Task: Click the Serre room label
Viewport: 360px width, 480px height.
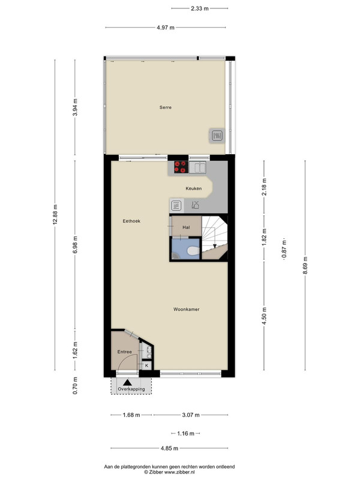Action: pos(166,107)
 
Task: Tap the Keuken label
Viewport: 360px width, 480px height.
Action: pos(193,188)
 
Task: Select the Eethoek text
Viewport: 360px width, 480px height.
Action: pos(131,221)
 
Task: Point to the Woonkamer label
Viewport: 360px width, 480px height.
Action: pos(186,309)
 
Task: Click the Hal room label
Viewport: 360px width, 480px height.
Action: pos(186,227)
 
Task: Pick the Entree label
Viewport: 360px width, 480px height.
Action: pos(125,352)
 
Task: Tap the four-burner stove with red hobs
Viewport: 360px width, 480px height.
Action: pos(181,167)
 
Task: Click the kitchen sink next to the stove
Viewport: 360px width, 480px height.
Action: pos(197,167)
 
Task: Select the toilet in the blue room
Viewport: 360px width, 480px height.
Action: pos(193,251)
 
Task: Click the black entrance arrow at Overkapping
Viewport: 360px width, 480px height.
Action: pos(127,382)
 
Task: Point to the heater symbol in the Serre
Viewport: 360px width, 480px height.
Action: pos(217,136)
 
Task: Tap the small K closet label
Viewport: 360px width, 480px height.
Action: pos(146,365)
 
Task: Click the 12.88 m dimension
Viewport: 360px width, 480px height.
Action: pos(55,214)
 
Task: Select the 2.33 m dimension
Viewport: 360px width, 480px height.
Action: pos(200,8)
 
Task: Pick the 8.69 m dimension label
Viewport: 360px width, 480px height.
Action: pos(305,265)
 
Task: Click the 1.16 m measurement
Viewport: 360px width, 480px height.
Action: pos(185,433)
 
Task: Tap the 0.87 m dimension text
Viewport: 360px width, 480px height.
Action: pos(284,248)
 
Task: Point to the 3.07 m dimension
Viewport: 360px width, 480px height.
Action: pos(191,415)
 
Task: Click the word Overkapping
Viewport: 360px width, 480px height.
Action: pos(131,389)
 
